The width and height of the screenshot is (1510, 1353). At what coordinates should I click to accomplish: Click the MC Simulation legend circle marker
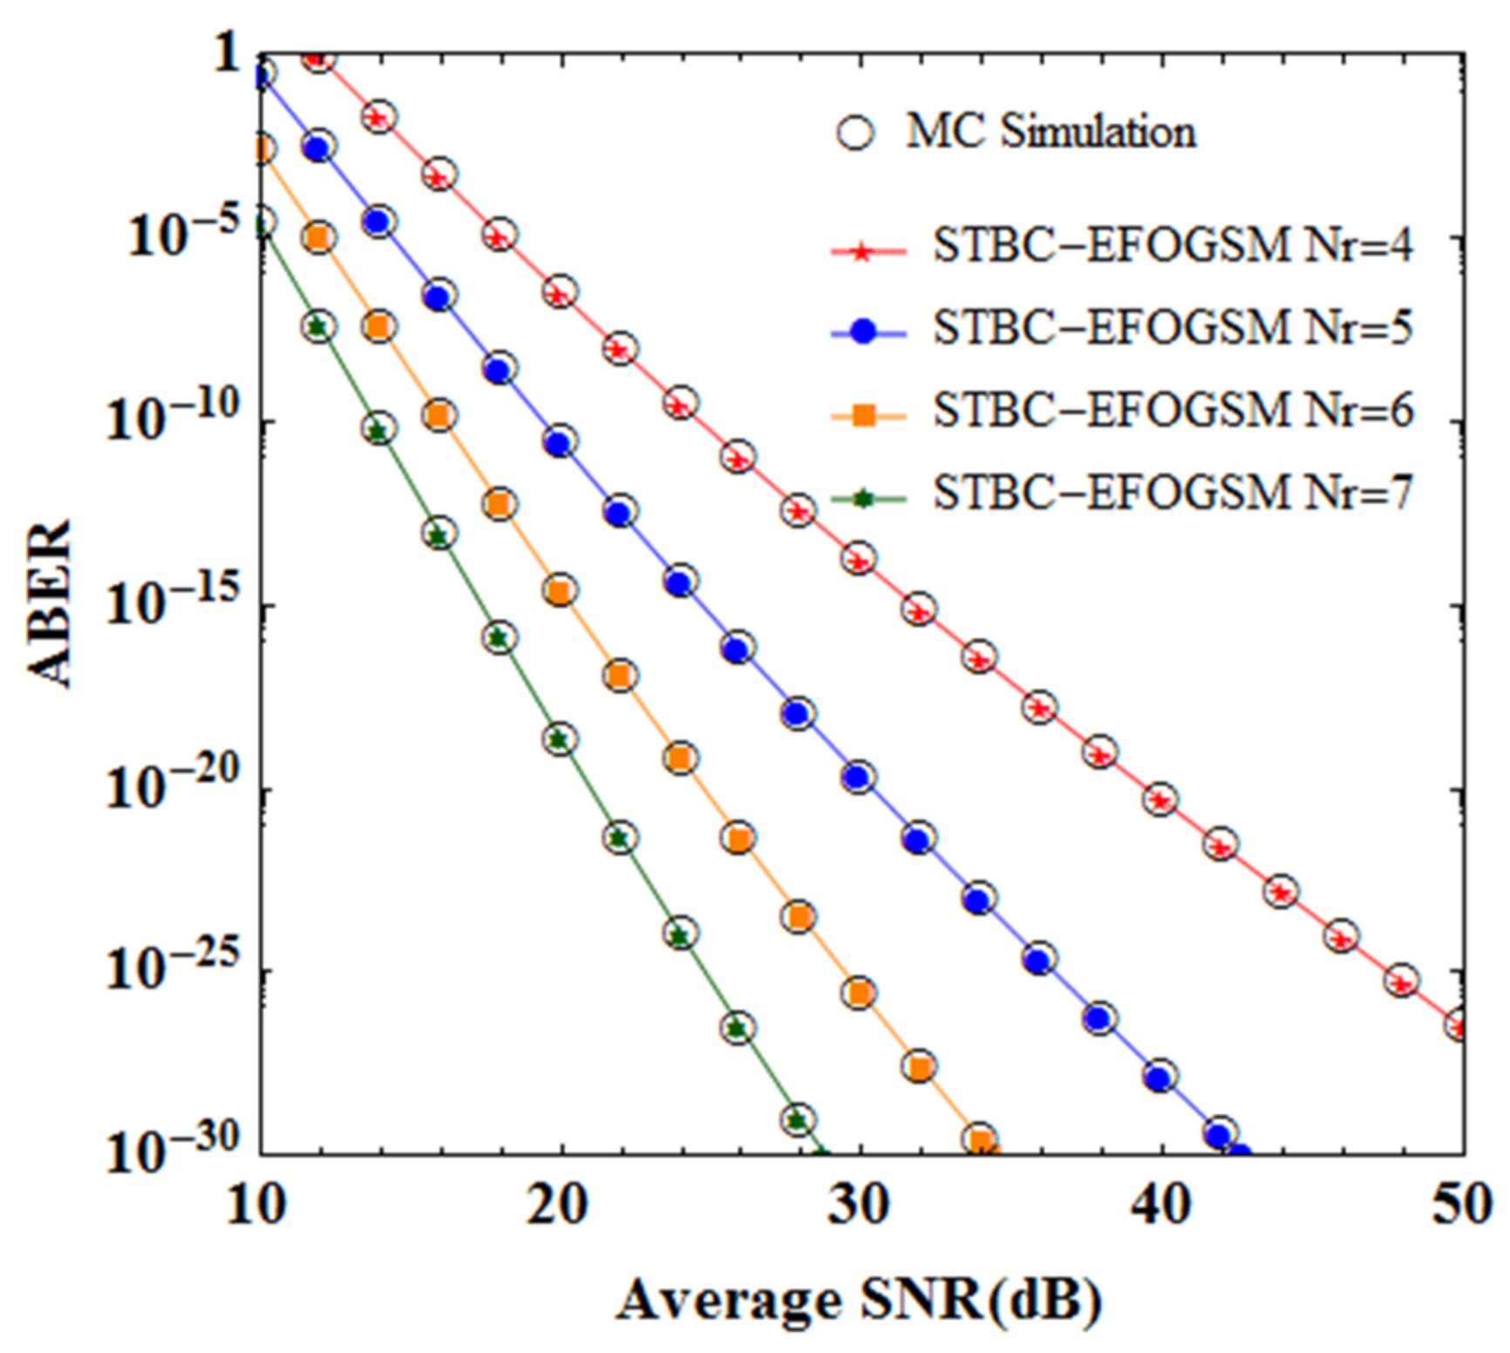(x=855, y=133)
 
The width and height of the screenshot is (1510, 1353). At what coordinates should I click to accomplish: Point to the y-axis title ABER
(x=48, y=604)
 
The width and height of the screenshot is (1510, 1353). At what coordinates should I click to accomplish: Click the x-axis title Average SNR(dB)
(x=859, y=1301)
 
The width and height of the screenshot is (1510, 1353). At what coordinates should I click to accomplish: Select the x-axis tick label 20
(x=559, y=1206)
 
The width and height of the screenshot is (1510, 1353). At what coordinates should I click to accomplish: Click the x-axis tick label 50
(x=1465, y=1206)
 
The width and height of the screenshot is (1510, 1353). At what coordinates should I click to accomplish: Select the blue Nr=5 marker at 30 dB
(x=859, y=777)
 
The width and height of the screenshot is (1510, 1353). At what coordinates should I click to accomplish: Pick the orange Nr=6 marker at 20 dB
(x=560, y=591)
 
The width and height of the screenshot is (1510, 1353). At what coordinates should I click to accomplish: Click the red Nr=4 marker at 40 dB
(x=1160, y=799)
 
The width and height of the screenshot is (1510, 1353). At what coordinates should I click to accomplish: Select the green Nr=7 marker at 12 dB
(x=319, y=327)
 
